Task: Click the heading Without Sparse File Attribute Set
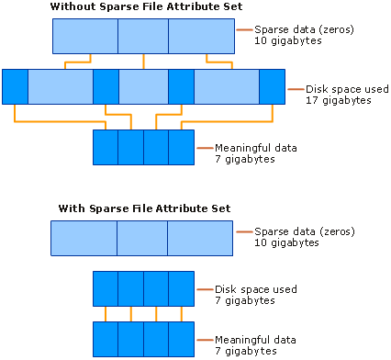(x=146, y=6)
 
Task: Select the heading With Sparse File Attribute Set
(x=144, y=208)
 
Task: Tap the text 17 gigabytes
(x=339, y=100)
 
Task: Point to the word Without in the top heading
(x=73, y=6)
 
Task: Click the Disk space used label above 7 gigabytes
(x=256, y=289)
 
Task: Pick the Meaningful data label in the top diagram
(x=256, y=148)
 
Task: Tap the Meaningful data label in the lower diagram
(x=255, y=340)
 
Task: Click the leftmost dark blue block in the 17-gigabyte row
(x=15, y=87)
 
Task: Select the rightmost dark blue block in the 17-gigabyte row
(x=273, y=87)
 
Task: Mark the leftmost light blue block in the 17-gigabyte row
(x=61, y=87)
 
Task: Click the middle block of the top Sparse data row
(x=143, y=36)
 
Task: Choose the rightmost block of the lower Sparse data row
(x=200, y=238)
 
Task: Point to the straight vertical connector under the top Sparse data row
(x=143, y=62)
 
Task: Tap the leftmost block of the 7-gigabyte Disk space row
(x=106, y=288)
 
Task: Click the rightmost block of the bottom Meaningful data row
(x=182, y=339)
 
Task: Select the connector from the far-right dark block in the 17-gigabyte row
(x=227, y=121)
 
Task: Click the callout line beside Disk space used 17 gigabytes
(x=296, y=89)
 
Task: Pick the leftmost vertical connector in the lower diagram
(x=106, y=314)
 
